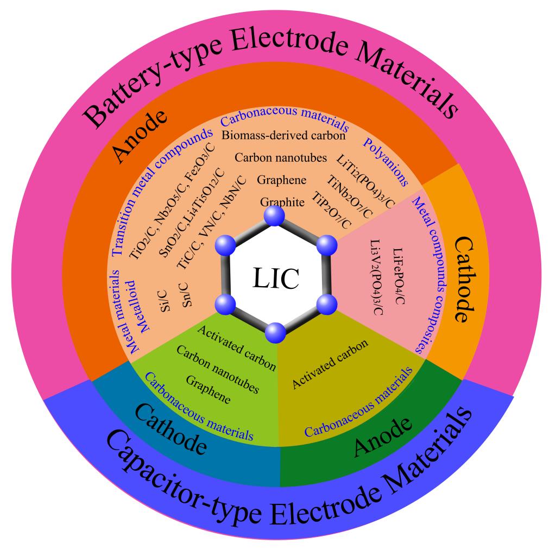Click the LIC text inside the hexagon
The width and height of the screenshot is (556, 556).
pos(276,277)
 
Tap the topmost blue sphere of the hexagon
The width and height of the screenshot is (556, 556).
pos(275,215)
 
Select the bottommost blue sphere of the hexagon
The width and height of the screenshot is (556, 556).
pos(275,333)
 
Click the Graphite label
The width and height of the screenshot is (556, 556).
pos(282,202)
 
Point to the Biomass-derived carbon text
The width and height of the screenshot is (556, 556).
pos(283,135)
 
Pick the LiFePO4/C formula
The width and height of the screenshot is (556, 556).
pos(399,276)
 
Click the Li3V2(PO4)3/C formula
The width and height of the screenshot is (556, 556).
pos(377,277)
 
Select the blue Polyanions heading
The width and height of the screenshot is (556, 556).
pos(386,162)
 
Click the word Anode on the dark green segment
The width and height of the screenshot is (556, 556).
pos(383,437)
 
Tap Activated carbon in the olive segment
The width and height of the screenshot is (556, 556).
pos(330,364)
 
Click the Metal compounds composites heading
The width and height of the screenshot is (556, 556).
pos(428,275)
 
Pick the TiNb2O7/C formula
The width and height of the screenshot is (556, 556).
pos(349,197)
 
